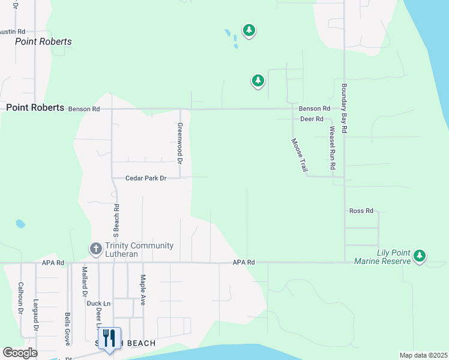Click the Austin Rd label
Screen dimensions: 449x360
[x=13, y=31]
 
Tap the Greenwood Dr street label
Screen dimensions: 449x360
[x=179, y=143]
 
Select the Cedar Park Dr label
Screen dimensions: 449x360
[x=145, y=178]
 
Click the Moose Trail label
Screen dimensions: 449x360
[x=298, y=155]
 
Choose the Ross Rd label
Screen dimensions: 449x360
[x=361, y=211]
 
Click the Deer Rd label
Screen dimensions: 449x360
[x=312, y=119]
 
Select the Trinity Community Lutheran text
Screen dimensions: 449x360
[x=139, y=250]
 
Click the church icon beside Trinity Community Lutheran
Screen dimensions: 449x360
[x=95, y=248]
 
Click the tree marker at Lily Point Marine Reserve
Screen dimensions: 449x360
[x=420, y=256]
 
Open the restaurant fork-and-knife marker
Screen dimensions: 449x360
[x=109, y=338]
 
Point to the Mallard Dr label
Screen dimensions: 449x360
[x=85, y=281]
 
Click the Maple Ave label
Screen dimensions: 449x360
[x=143, y=290]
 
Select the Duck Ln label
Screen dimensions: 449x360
[x=98, y=304]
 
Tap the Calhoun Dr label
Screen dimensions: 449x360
[x=20, y=298]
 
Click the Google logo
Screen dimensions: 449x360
[x=20, y=353]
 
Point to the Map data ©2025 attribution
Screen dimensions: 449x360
[x=423, y=355]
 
